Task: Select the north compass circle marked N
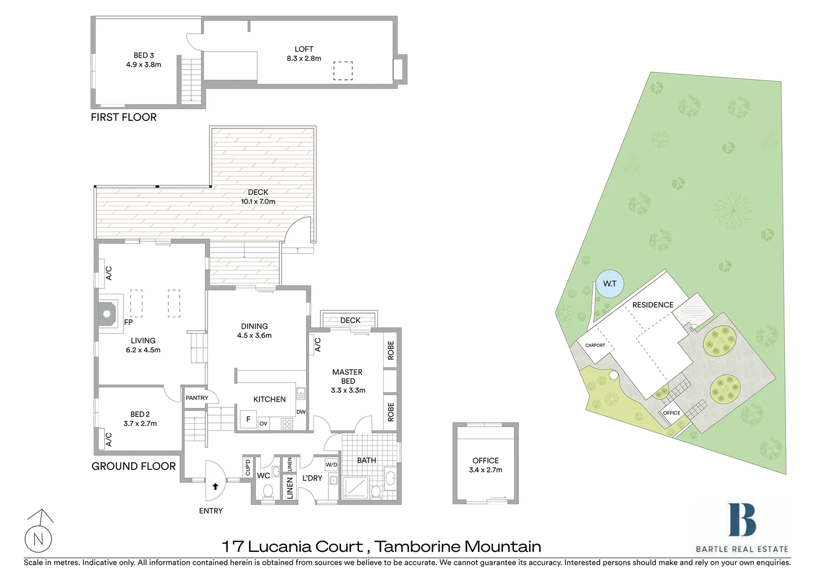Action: pyautogui.click(x=39, y=539)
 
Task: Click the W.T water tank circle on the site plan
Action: pyautogui.click(x=609, y=284)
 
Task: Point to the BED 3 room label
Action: pyautogui.click(x=143, y=55)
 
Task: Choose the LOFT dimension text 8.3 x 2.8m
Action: pyautogui.click(x=304, y=58)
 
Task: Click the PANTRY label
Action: pyautogui.click(x=197, y=398)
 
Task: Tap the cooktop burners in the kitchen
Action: pyautogui.click(x=287, y=424)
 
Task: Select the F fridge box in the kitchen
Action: pyautogui.click(x=248, y=419)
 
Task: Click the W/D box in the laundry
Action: pyautogui.click(x=331, y=465)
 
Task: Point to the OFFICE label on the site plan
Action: pyautogui.click(x=671, y=413)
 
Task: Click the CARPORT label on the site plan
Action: pyautogui.click(x=595, y=345)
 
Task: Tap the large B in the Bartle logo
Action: pyautogui.click(x=742, y=520)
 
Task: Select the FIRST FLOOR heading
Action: pyautogui.click(x=124, y=117)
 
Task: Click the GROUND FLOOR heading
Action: pyautogui.click(x=133, y=466)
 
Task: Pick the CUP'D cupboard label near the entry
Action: pyautogui.click(x=247, y=468)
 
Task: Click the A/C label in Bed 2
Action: pyautogui.click(x=109, y=439)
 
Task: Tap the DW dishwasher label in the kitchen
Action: pyautogui.click(x=301, y=412)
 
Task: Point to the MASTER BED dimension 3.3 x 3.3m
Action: pyautogui.click(x=348, y=390)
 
